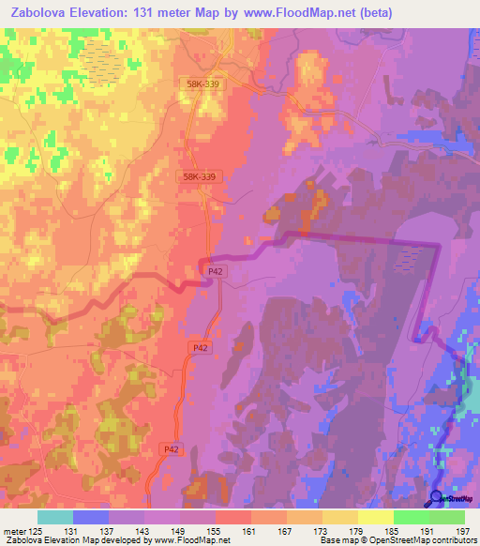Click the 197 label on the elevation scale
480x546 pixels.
(x=463, y=531)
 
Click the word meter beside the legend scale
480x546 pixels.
(x=13, y=531)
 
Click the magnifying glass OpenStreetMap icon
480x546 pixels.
(x=436, y=498)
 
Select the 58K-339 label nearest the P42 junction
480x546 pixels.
(x=200, y=175)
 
